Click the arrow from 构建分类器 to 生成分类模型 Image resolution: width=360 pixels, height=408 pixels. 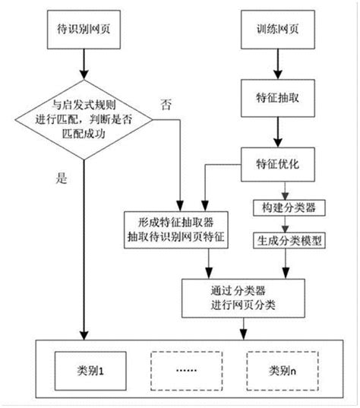pyautogui.click(x=284, y=223)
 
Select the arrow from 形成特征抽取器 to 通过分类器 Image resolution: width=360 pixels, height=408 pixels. pyautogui.click(x=210, y=263)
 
